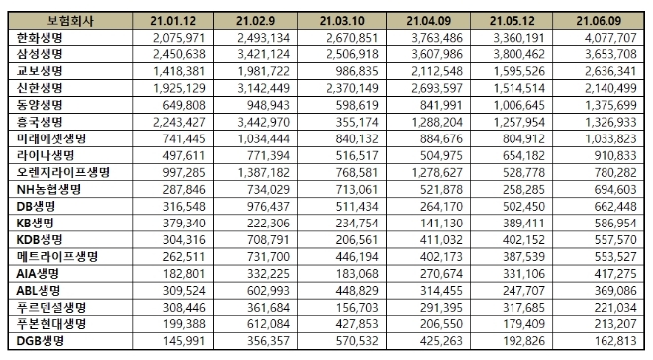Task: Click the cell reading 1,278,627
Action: click(435, 172)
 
